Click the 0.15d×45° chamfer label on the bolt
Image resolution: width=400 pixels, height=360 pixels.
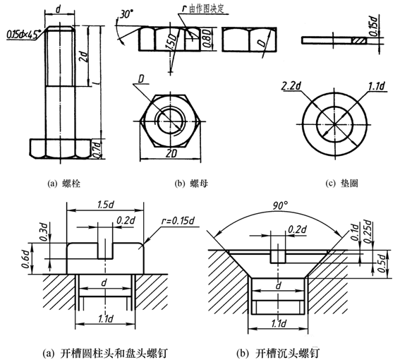click(x=24, y=35)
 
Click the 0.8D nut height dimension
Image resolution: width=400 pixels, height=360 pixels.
click(x=207, y=39)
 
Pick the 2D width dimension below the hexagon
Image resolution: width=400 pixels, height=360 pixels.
click(x=171, y=154)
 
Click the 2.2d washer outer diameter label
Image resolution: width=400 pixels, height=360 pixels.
click(x=291, y=86)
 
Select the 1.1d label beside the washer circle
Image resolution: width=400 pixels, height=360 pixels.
click(x=377, y=86)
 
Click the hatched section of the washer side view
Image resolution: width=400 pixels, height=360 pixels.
click(x=359, y=40)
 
